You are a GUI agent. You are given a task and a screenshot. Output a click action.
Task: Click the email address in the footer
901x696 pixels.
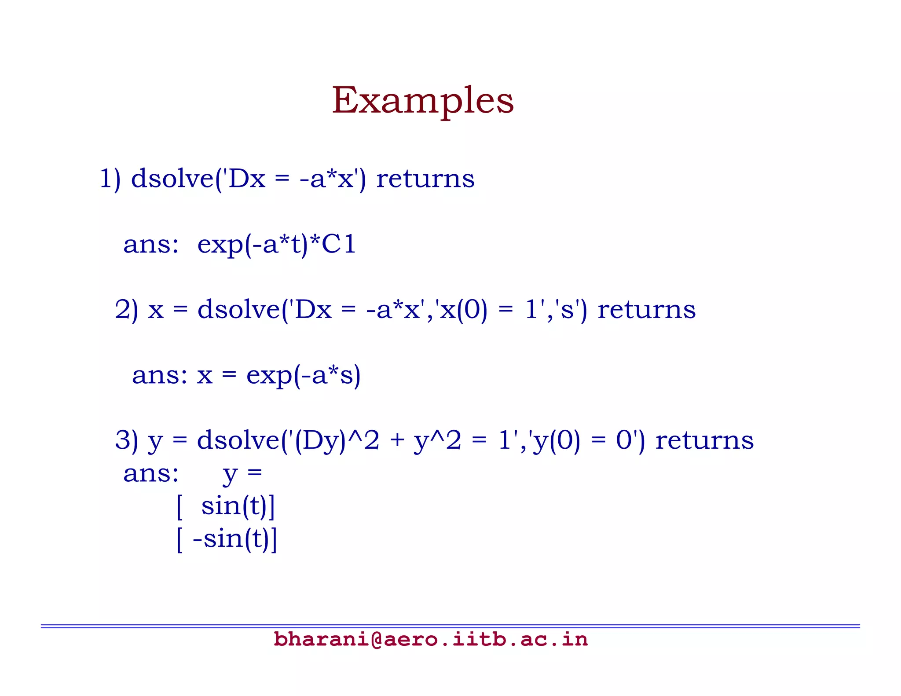point(430,639)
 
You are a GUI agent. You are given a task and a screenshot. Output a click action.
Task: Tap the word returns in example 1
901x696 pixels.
point(425,179)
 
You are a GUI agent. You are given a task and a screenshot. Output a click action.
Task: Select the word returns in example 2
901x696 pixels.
point(646,309)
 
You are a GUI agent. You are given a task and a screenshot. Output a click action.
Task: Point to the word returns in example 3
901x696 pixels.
point(704,440)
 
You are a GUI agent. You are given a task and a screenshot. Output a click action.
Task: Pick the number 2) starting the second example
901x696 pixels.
point(126,309)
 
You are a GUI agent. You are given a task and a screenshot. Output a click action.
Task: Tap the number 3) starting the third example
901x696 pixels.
point(126,440)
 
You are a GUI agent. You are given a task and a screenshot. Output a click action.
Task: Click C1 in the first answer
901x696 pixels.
point(338,244)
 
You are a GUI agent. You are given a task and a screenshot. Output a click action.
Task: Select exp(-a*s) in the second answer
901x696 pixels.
point(303,375)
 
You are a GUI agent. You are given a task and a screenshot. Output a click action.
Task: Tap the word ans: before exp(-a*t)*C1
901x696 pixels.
point(151,244)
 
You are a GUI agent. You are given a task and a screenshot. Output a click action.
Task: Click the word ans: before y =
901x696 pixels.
point(151,474)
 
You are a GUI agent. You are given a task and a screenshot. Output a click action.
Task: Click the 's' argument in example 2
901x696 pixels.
point(568,309)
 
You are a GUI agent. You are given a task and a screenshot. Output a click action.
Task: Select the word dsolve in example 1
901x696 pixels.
point(172,179)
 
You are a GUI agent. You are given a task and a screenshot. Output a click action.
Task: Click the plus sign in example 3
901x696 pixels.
point(397,440)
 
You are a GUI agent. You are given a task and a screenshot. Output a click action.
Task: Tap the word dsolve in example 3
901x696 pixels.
point(238,440)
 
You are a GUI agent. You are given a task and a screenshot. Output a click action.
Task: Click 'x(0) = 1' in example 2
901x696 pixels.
point(489,309)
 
